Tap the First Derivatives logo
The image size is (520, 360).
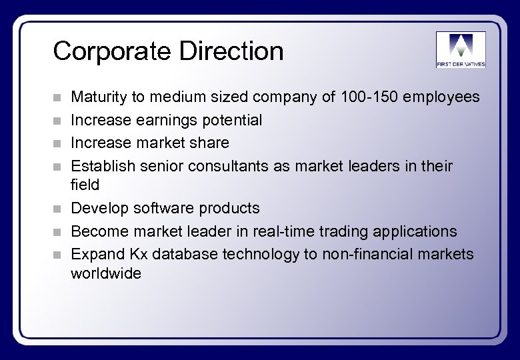click(461, 49)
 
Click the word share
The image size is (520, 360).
click(211, 142)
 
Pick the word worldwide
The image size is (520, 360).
click(106, 273)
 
